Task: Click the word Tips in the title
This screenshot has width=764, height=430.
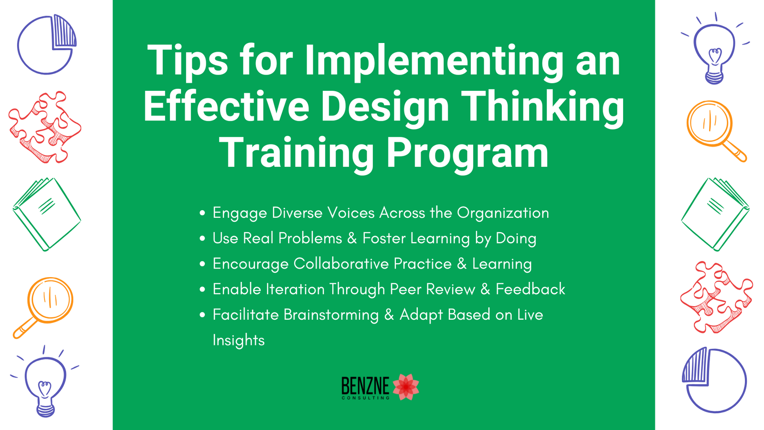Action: tap(187, 61)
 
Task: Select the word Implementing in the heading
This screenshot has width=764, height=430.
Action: tap(434, 61)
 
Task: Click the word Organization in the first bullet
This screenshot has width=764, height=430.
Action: tap(503, 213)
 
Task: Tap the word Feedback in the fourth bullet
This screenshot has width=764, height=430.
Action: tap(530, 289)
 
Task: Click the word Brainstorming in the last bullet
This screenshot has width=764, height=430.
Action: tap(331, 315)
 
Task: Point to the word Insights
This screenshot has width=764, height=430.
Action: tap(238, 340)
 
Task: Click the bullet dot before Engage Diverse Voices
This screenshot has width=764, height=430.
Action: tap(202, 213)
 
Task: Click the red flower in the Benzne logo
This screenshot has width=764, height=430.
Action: tap(406, 387)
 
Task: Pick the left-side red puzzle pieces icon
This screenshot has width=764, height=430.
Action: tap(45, 127)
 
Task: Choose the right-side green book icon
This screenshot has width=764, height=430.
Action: tap(715, 215)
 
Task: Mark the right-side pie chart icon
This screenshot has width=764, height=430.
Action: tap(714, 380)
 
